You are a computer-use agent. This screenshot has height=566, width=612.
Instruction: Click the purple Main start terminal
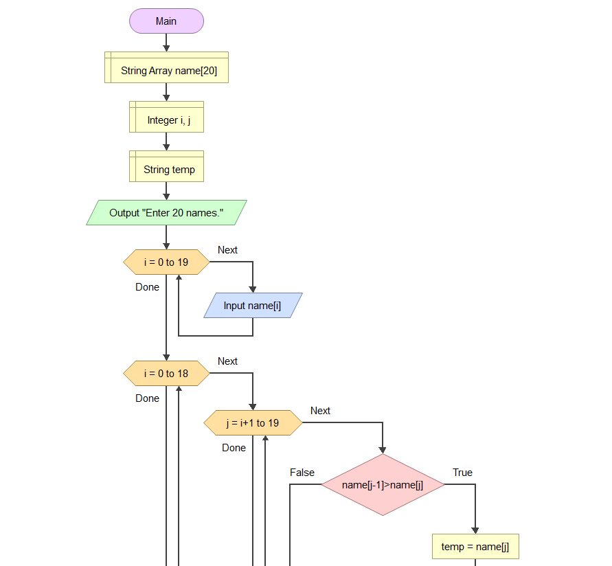coord(166,21)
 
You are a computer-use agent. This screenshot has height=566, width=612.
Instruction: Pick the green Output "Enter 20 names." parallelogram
coord(166,213)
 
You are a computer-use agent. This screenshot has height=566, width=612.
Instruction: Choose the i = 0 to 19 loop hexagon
coord(166,262)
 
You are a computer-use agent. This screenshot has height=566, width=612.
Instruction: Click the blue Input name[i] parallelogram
coord(252,306)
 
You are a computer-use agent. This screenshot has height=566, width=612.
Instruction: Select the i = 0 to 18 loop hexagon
coord(166,374)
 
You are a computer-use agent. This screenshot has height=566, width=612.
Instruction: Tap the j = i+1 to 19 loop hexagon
coord(253,423)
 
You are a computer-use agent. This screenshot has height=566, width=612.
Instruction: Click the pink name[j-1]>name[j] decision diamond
coord(383,485)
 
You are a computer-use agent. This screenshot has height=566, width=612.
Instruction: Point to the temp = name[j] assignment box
coord(475,547)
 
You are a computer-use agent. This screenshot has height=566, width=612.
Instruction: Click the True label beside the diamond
coord(462,473)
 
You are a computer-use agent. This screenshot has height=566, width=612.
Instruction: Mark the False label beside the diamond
coord(302,473)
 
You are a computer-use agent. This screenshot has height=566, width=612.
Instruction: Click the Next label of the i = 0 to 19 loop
coord(227,250)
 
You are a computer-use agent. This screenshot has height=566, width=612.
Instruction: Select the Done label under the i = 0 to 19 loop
coord(147,287)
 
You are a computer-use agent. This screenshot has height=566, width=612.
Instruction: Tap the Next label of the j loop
coord(320,411)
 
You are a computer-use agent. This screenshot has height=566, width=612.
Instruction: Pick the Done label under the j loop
coord(234,448)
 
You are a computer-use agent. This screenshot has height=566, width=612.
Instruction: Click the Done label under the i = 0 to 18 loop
coord(147,398)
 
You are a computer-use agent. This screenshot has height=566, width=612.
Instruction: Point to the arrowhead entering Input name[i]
coord(253,289)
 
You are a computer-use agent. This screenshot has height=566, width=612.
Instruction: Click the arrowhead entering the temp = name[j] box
coord(475,530)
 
